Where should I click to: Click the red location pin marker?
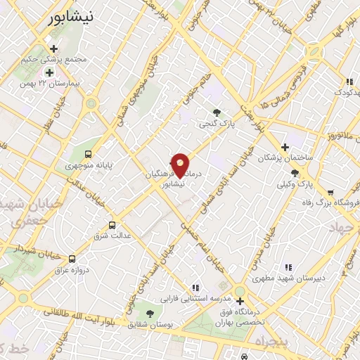pos(180,165)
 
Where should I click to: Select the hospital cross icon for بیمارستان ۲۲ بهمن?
pos(49,72)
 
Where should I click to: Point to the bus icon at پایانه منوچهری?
pos(88,153)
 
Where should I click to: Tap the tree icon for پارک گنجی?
pos(217,112)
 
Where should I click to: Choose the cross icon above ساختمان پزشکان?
pos(284,147)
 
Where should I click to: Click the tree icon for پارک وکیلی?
pos(295,172)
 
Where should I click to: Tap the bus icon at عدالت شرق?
pos(112,225)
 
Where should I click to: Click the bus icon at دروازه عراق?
pos(72,259)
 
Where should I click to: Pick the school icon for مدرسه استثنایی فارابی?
pos(195,287)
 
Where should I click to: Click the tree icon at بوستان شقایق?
pos(149,314)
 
